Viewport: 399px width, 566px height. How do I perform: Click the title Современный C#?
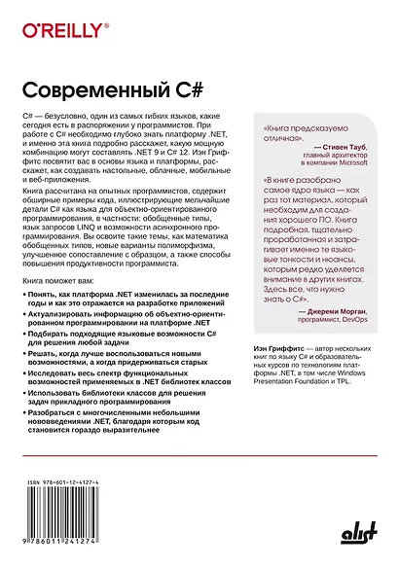point(111,88)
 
